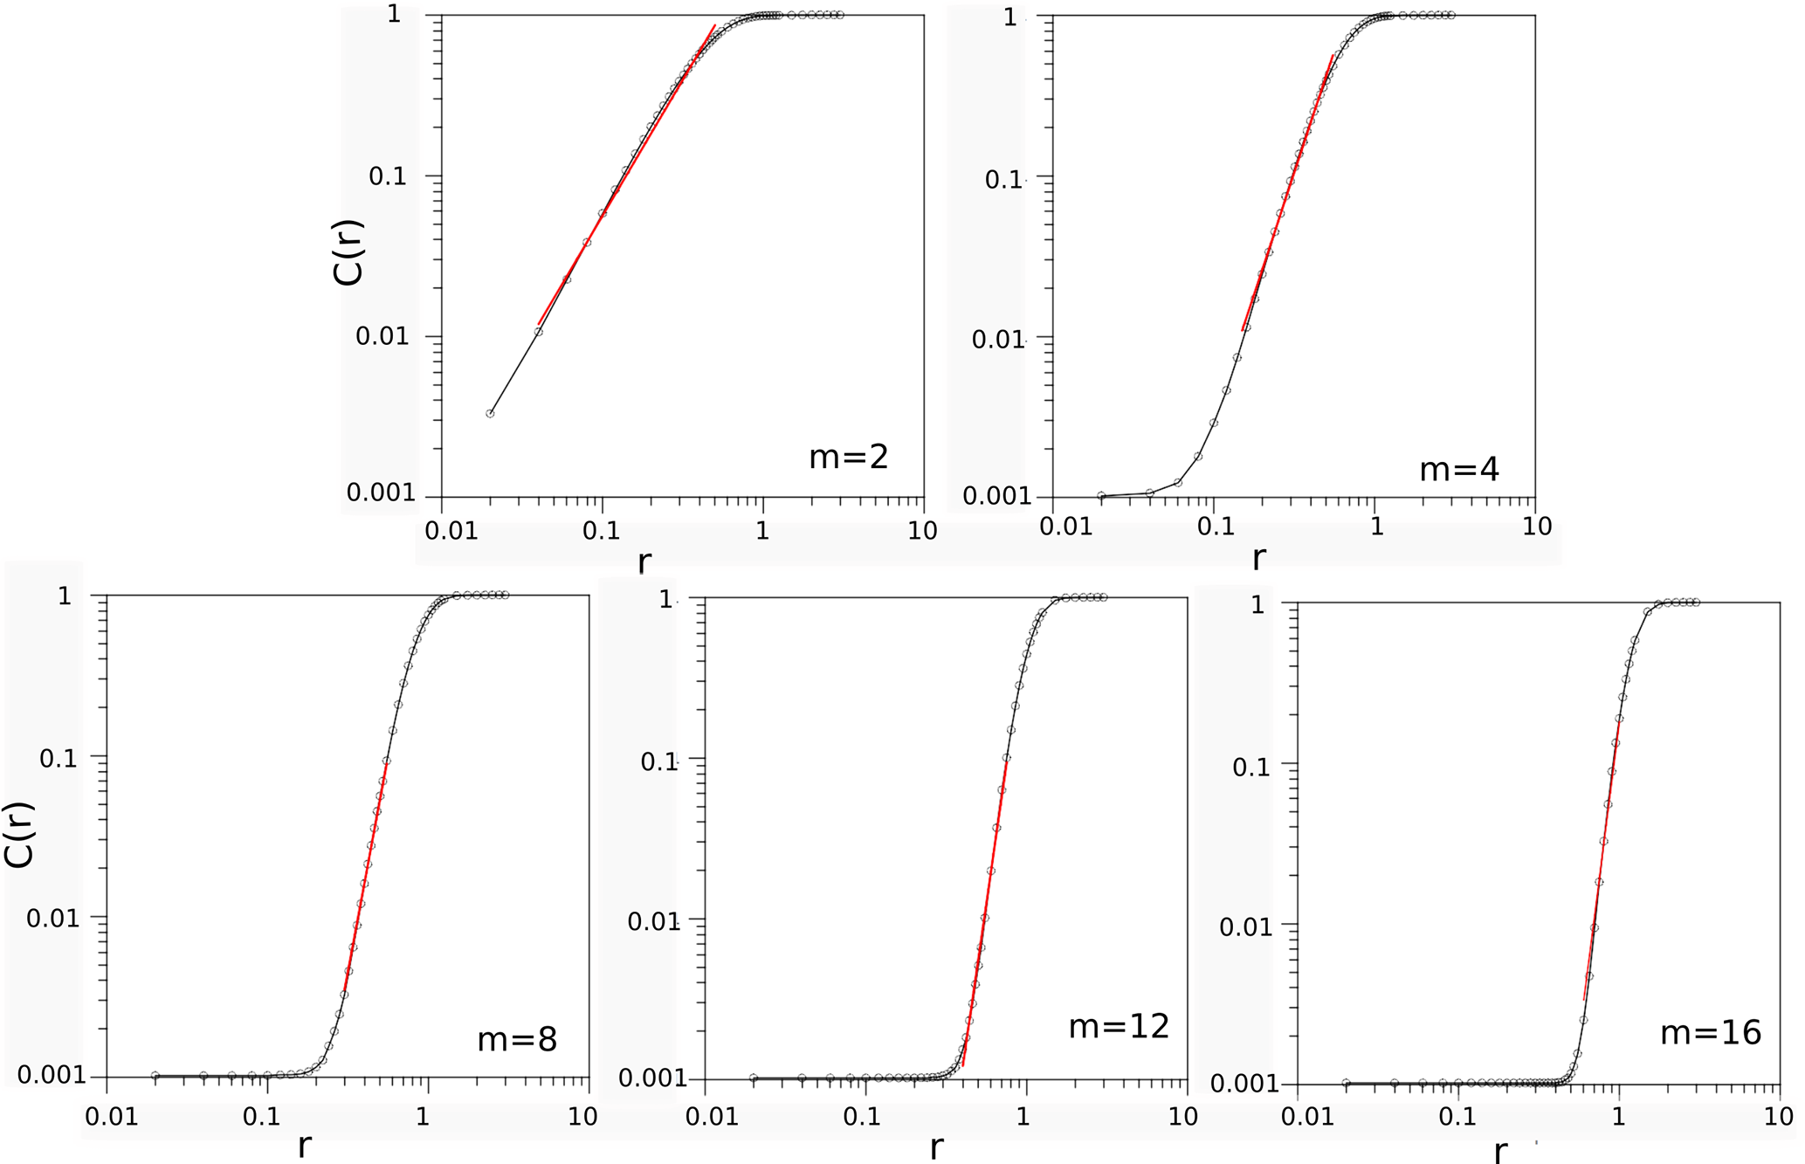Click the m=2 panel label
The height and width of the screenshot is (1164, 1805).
click(x=848, y=457)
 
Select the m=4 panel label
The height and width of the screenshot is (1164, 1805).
click(x=1458, y=470)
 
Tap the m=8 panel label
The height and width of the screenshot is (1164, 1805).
click(x=517, y=1039)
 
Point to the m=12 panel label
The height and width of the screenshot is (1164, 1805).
click(x=1119, y=1027)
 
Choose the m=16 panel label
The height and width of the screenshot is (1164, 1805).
click(x=1710, y=1033)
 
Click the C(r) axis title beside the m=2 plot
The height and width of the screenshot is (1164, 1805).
click(x=349, y=253)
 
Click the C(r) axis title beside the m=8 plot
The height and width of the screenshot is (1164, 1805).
click(x=19, y=834)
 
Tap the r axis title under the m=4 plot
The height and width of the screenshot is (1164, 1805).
click(x=1258, y=558)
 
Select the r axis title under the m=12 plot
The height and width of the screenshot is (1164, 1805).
click(x=936, y=1147)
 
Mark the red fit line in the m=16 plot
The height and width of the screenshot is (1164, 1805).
click(x=1601, y=864)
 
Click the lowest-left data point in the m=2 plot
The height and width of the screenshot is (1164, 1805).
click(x=490, y=414)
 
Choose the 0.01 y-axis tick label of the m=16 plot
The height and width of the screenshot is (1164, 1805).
click(x=1246, y=927)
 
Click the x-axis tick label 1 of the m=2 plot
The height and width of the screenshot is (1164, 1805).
click(x=762, y=530)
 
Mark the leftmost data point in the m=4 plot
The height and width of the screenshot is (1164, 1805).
click(x=1101, y=496)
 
